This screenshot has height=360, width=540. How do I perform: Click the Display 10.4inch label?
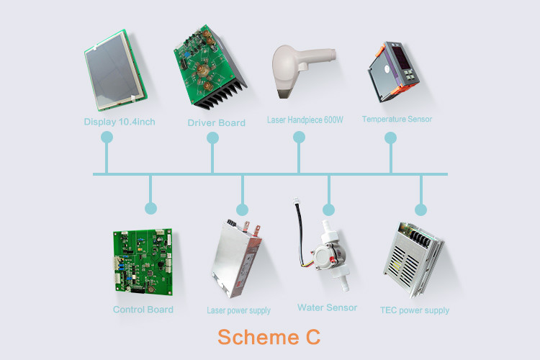[x=120, y=122]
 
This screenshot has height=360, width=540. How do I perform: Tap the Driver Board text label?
[x=216, y=122]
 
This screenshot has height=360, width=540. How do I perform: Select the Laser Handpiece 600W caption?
[x=305, y=120]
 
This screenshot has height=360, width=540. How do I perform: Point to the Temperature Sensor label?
[x=397, y=120]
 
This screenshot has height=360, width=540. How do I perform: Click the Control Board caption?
[x=143, y=310]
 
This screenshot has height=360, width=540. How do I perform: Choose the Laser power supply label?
[x=238, y=310]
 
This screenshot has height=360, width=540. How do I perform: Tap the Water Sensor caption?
[x=327, y=307]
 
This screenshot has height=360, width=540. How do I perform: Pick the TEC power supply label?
[x=415, y=310]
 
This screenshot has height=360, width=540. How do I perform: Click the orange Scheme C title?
[x=269, y=337]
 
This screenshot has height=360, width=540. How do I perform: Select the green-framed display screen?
[x=115, y=71]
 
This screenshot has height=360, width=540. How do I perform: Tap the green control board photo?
[x=143, y=262]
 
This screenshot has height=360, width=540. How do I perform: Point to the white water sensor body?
[x=330, y=256]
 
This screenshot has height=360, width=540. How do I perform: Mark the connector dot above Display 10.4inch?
[x=107, y=137]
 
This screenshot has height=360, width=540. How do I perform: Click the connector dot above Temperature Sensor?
[x=390, y=138]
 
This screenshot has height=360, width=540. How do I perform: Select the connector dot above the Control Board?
[x=150, y=208]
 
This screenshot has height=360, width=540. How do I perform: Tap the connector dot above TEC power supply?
[x=420, y=210]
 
